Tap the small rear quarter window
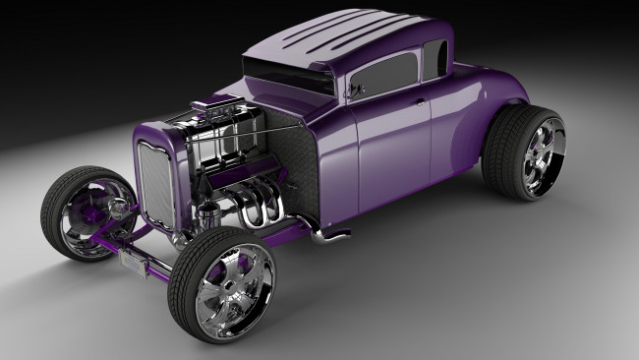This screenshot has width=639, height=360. (435, 58)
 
